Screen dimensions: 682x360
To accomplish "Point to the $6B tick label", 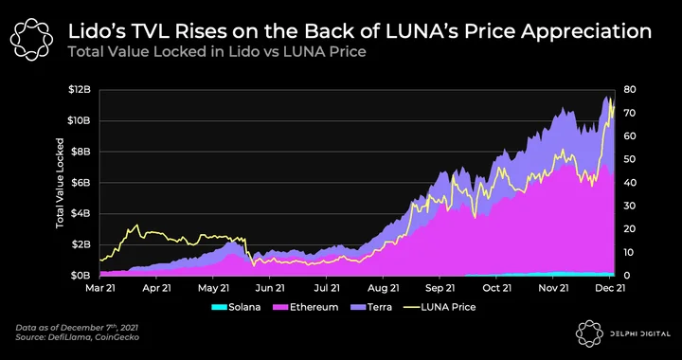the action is [82, 183].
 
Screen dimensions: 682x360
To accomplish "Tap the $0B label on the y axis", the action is [82, 276].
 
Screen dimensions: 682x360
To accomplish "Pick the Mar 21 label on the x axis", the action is [100, 288].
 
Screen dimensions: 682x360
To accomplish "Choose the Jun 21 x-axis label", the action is [270, 288].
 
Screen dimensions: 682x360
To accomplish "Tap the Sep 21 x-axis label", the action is [440, 288].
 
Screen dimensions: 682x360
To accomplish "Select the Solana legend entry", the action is [236, 307].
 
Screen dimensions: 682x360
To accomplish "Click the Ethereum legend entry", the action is [305, 307].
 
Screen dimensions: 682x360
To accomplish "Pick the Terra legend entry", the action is [371, 307].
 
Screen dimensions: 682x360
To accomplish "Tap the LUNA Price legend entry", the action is [440, 307].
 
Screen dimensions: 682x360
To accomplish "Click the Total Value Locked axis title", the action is [60, 183].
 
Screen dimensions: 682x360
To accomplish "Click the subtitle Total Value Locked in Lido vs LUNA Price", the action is [216, 53].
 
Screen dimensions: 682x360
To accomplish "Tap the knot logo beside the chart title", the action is [32, 39].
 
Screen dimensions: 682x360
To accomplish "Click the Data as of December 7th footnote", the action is [77, 328].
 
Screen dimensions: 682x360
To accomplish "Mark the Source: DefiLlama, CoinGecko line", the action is [78, 337].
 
